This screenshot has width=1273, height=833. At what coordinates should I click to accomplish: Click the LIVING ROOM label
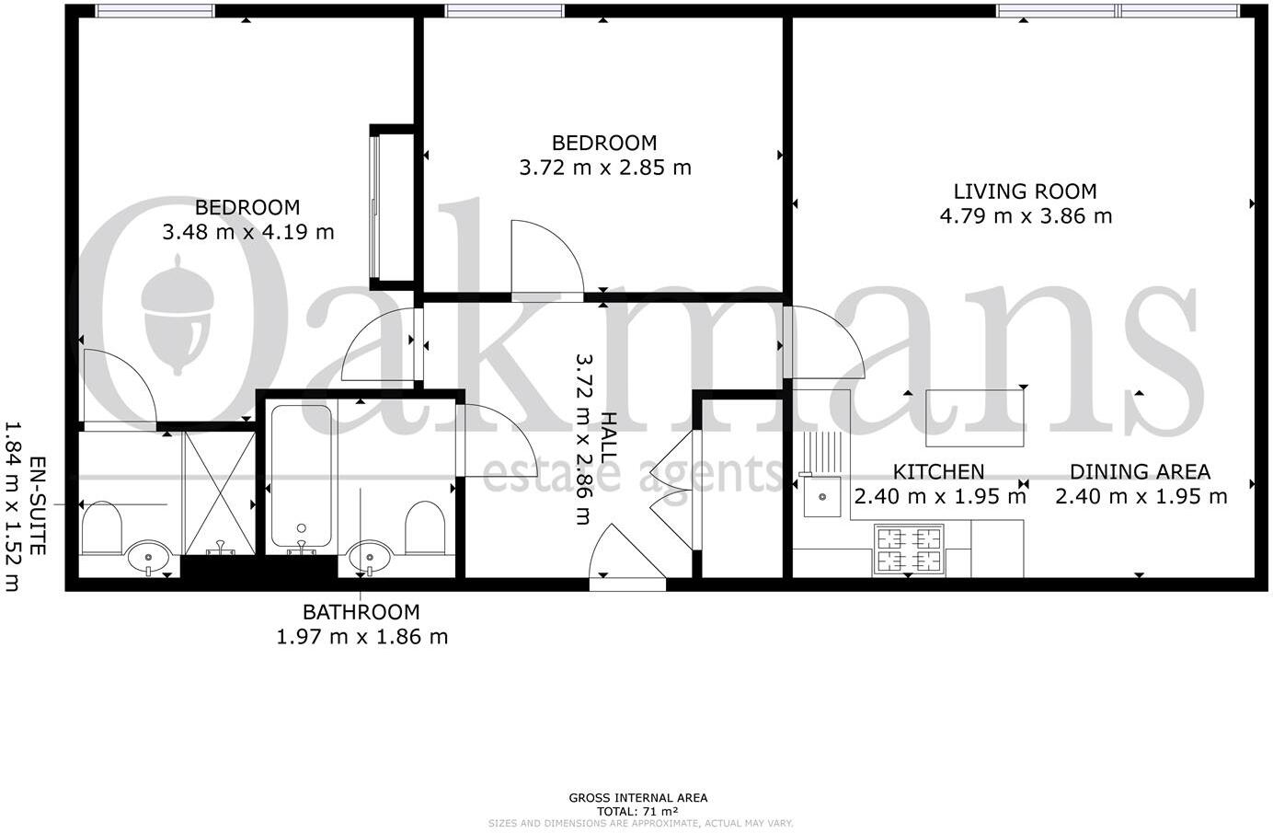(x=1025, y=191)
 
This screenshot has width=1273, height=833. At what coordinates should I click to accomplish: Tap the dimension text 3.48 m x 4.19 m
(x=248, y=232)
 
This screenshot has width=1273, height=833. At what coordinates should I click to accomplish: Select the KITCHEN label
(x=938, y=472)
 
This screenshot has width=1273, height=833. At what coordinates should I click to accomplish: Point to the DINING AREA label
(x=1140, y=472)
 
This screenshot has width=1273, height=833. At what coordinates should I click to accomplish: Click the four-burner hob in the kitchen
(x=909, y=550)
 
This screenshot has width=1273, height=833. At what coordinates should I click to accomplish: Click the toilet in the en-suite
(x=101, y=527)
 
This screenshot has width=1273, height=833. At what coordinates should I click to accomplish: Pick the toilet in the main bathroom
(x=425, y=527)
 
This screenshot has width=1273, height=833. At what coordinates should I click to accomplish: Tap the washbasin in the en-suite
(x=148, y=556)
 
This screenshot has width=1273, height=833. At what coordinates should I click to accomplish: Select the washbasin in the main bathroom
(x=370, y=556)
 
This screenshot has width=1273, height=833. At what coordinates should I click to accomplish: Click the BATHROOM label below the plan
(x=361, y=611)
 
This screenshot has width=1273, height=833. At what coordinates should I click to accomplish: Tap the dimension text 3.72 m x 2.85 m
(x=605, y=168)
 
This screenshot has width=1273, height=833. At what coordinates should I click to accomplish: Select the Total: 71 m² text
(x=637, y=811)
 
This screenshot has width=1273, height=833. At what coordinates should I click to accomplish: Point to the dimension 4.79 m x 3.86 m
(x=1026, y=216)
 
